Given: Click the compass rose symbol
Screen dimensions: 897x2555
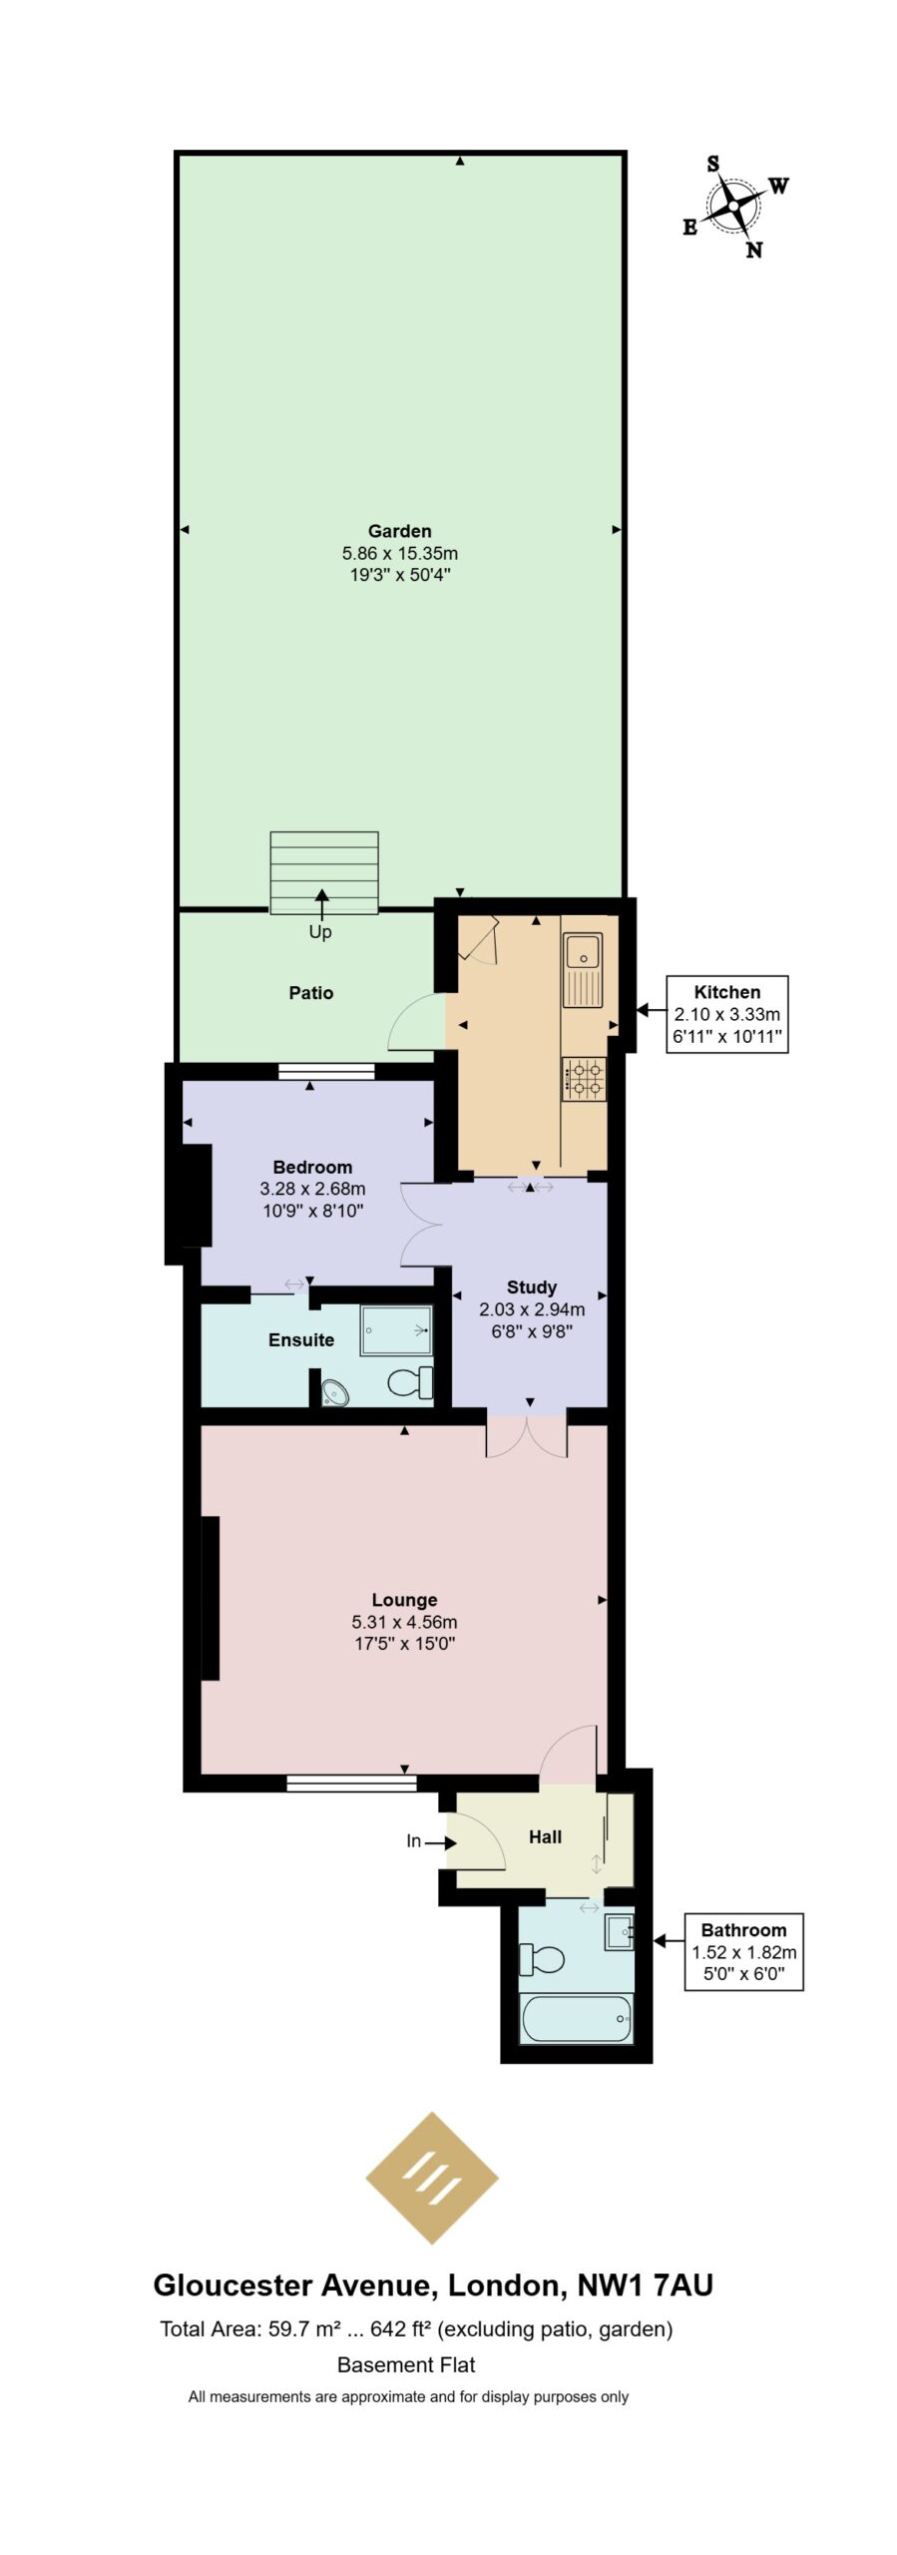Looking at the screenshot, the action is tap(733, 207).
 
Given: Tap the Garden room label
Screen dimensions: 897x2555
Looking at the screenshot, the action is tap(399, 531).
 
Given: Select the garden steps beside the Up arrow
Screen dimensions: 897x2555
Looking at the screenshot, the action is tap(323, 872).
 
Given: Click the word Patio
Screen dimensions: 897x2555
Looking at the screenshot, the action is tap(310, 993).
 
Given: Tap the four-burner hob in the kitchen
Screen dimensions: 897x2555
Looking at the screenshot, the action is tap(584, 1078).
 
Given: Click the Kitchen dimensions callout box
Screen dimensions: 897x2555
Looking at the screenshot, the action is tap(726, 1013).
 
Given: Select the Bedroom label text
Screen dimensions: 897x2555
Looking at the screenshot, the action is tap(312, 1167).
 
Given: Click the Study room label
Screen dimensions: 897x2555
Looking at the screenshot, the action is tap(531, 1286).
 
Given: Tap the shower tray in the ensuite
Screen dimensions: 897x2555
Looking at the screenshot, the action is tap(396, 1329).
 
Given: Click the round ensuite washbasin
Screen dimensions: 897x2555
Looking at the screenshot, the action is tap(336, 1391).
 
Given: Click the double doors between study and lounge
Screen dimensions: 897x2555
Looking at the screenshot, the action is tap(527, 1436).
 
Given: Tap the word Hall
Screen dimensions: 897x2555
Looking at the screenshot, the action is tap(545, 1836).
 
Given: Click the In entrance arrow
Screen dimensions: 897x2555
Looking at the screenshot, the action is tap(440, 1841).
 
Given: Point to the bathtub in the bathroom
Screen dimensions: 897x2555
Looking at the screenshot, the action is tap(577, 2018).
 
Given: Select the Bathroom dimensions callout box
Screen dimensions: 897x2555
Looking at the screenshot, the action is tap(743, 1951).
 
